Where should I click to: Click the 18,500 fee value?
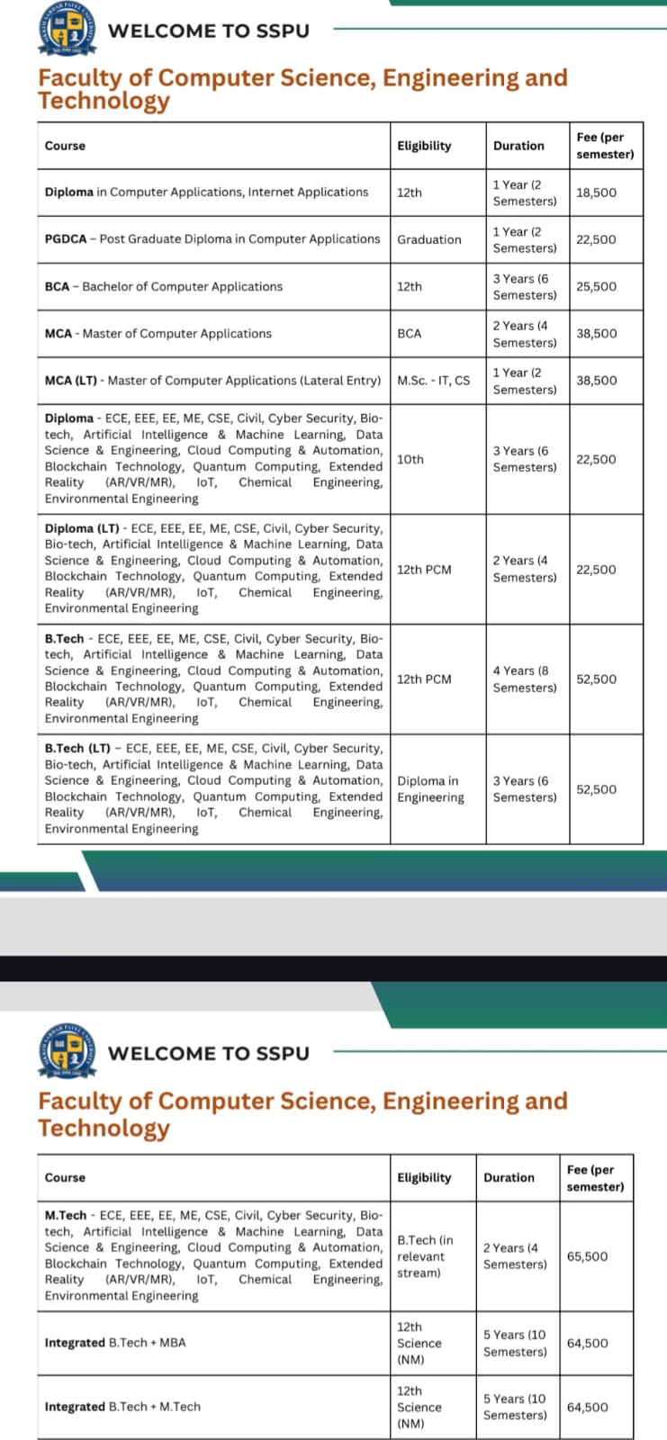pyautogui.click(x=596, y=193)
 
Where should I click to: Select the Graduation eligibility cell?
pyautogui.click(x=429, y=239)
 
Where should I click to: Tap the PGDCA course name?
pyautogui.click(x=212, y=239)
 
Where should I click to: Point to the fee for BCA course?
pyautogui.click(x=596, y=286)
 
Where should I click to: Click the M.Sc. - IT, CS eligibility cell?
pyautogui.click(x=433, y=381)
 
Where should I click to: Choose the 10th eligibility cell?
pyautogui.click(x=410, y=459)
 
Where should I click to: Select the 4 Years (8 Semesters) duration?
pyautogui.click(x=524, y=679)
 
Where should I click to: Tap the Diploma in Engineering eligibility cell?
pyautogui.click(x=430, y=789)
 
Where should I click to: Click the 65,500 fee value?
pyautogui.click(x=587, y=1256)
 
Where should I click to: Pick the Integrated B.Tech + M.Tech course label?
pyautogui.click(x=122, y=1407)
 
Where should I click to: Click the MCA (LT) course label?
pyautogui.click(x=212, y=381)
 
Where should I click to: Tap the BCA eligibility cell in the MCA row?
pyautogui.click(x=409, y=334)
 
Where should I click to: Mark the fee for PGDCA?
pyautogui.click(x=596, y=239)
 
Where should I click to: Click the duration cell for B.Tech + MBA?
pyautogui.click(x=514, y=1343)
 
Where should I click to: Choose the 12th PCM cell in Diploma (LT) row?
pyautogui.click(x=424, y=570)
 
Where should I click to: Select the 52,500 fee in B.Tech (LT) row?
pyautogui.click(x=596, y=789)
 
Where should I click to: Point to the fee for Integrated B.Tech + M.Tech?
pyautogui.click(x=587, y=1407)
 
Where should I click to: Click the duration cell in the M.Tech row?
pyautogui.click(x=514, y=1256)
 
